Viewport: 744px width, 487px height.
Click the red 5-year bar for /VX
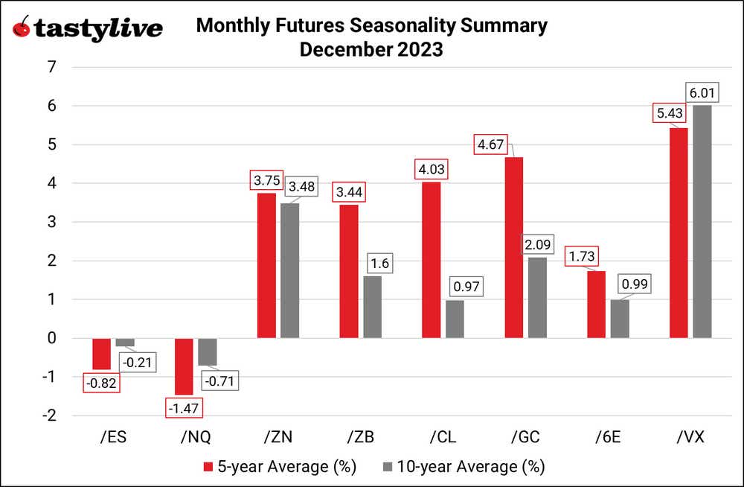pyautogui.click(x=679, y=232)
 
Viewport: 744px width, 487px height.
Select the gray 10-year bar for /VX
pyautogui.click(x=702, y=221)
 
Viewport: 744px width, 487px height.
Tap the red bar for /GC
pyautogui.click(x=514, y=247)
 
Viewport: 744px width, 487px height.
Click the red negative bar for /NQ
pyautogui.click(x=184, y=366)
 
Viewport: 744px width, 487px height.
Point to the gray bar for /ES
pyautogui.click(x=125, y=342)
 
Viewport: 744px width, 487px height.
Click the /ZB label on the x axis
pyautogui.click(x=359, y=437)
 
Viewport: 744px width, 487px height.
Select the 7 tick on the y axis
pyautogui.click(x=51, y=67)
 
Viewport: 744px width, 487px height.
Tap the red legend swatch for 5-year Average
pyautogui.click(x=208, y=467)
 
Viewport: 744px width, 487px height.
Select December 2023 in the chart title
pyautogui.click(x=371, y=50)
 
